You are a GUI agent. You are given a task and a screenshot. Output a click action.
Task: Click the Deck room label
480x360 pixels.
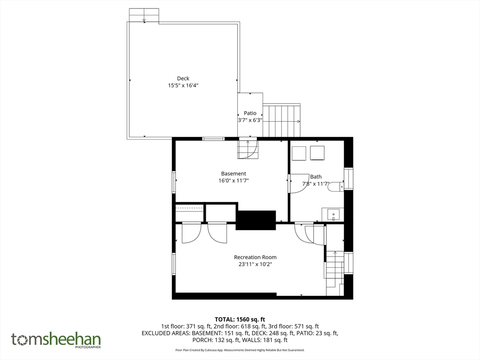tap(183, 78)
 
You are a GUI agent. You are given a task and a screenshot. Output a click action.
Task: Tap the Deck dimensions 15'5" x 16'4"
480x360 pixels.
tap(183, 85)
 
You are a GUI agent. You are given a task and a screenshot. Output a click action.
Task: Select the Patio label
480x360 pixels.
tap(250, 113)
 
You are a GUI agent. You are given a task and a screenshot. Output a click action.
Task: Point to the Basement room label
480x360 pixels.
tap(233, 173)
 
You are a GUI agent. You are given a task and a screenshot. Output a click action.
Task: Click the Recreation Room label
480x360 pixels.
tap(255, 257)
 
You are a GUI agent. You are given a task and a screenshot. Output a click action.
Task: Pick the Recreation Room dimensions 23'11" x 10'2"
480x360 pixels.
tap(255, 264)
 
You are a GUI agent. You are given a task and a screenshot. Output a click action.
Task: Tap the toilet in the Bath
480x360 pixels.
tap(336, 187)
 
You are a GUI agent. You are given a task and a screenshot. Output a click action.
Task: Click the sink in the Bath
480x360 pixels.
tap(333, 214)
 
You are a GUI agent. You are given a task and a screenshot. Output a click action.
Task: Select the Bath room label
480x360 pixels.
tap(316, 177)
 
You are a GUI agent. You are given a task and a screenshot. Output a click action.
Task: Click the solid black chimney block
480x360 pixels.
tap(256, 220)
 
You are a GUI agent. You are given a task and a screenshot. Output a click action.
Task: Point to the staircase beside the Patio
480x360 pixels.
tap(282, 120)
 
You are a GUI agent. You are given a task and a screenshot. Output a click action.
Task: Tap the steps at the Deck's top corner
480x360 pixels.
tap(144, 15)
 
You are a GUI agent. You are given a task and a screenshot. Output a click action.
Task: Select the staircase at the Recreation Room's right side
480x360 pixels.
tap(335, 273)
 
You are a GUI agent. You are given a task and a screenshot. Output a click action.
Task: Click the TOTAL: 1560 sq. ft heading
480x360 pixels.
tap(240, 319)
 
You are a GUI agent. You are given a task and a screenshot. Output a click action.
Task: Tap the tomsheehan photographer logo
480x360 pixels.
tap(56, 340)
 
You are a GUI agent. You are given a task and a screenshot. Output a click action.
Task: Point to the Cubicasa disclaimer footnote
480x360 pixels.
tap(240, 350)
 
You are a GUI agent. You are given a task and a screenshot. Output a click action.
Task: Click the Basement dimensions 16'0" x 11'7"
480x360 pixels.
tap(233, 180)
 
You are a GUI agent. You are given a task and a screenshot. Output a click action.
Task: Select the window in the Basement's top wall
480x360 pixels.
tap(214, 139)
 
